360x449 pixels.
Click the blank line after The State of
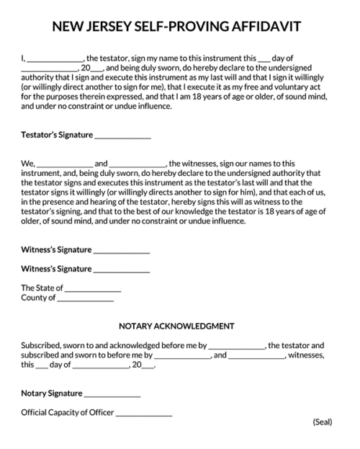92,289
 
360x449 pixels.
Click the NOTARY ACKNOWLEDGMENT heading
176,326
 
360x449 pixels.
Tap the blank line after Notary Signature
112,395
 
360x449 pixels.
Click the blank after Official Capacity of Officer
144,414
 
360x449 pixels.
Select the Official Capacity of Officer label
68,413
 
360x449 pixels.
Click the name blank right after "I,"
55,59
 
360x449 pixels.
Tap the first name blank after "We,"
64,164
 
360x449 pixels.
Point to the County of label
38,298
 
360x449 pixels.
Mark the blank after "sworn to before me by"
182,356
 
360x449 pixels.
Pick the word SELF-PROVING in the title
186,27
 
